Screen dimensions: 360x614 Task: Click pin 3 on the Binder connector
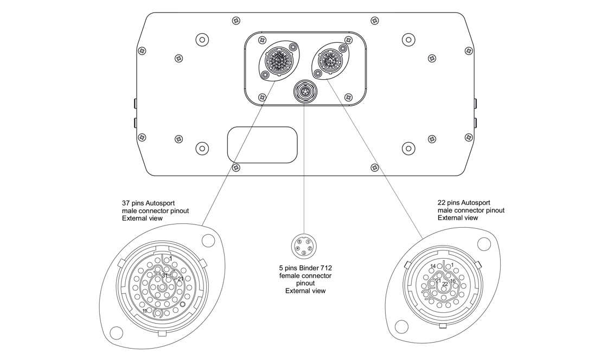tap(304, 253)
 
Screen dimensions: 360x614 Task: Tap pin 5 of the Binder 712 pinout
tap(299, 241)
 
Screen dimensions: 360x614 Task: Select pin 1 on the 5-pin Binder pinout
tap(308, 241)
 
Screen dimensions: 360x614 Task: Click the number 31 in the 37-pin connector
tap(164, 275)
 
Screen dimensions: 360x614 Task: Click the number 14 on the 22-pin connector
tap(433, 266)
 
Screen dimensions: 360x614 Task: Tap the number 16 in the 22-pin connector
tap(453, 281)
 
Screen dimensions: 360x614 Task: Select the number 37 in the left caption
tap(126, 203)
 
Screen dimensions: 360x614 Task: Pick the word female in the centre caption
tap(291, 275)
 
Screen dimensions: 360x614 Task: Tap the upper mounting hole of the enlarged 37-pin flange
tap(208, 240)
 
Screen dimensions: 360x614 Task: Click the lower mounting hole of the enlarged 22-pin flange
tap(401, 326)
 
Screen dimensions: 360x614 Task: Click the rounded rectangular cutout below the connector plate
tap(262, 145)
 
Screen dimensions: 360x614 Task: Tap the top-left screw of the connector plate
tap(263, 41)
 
